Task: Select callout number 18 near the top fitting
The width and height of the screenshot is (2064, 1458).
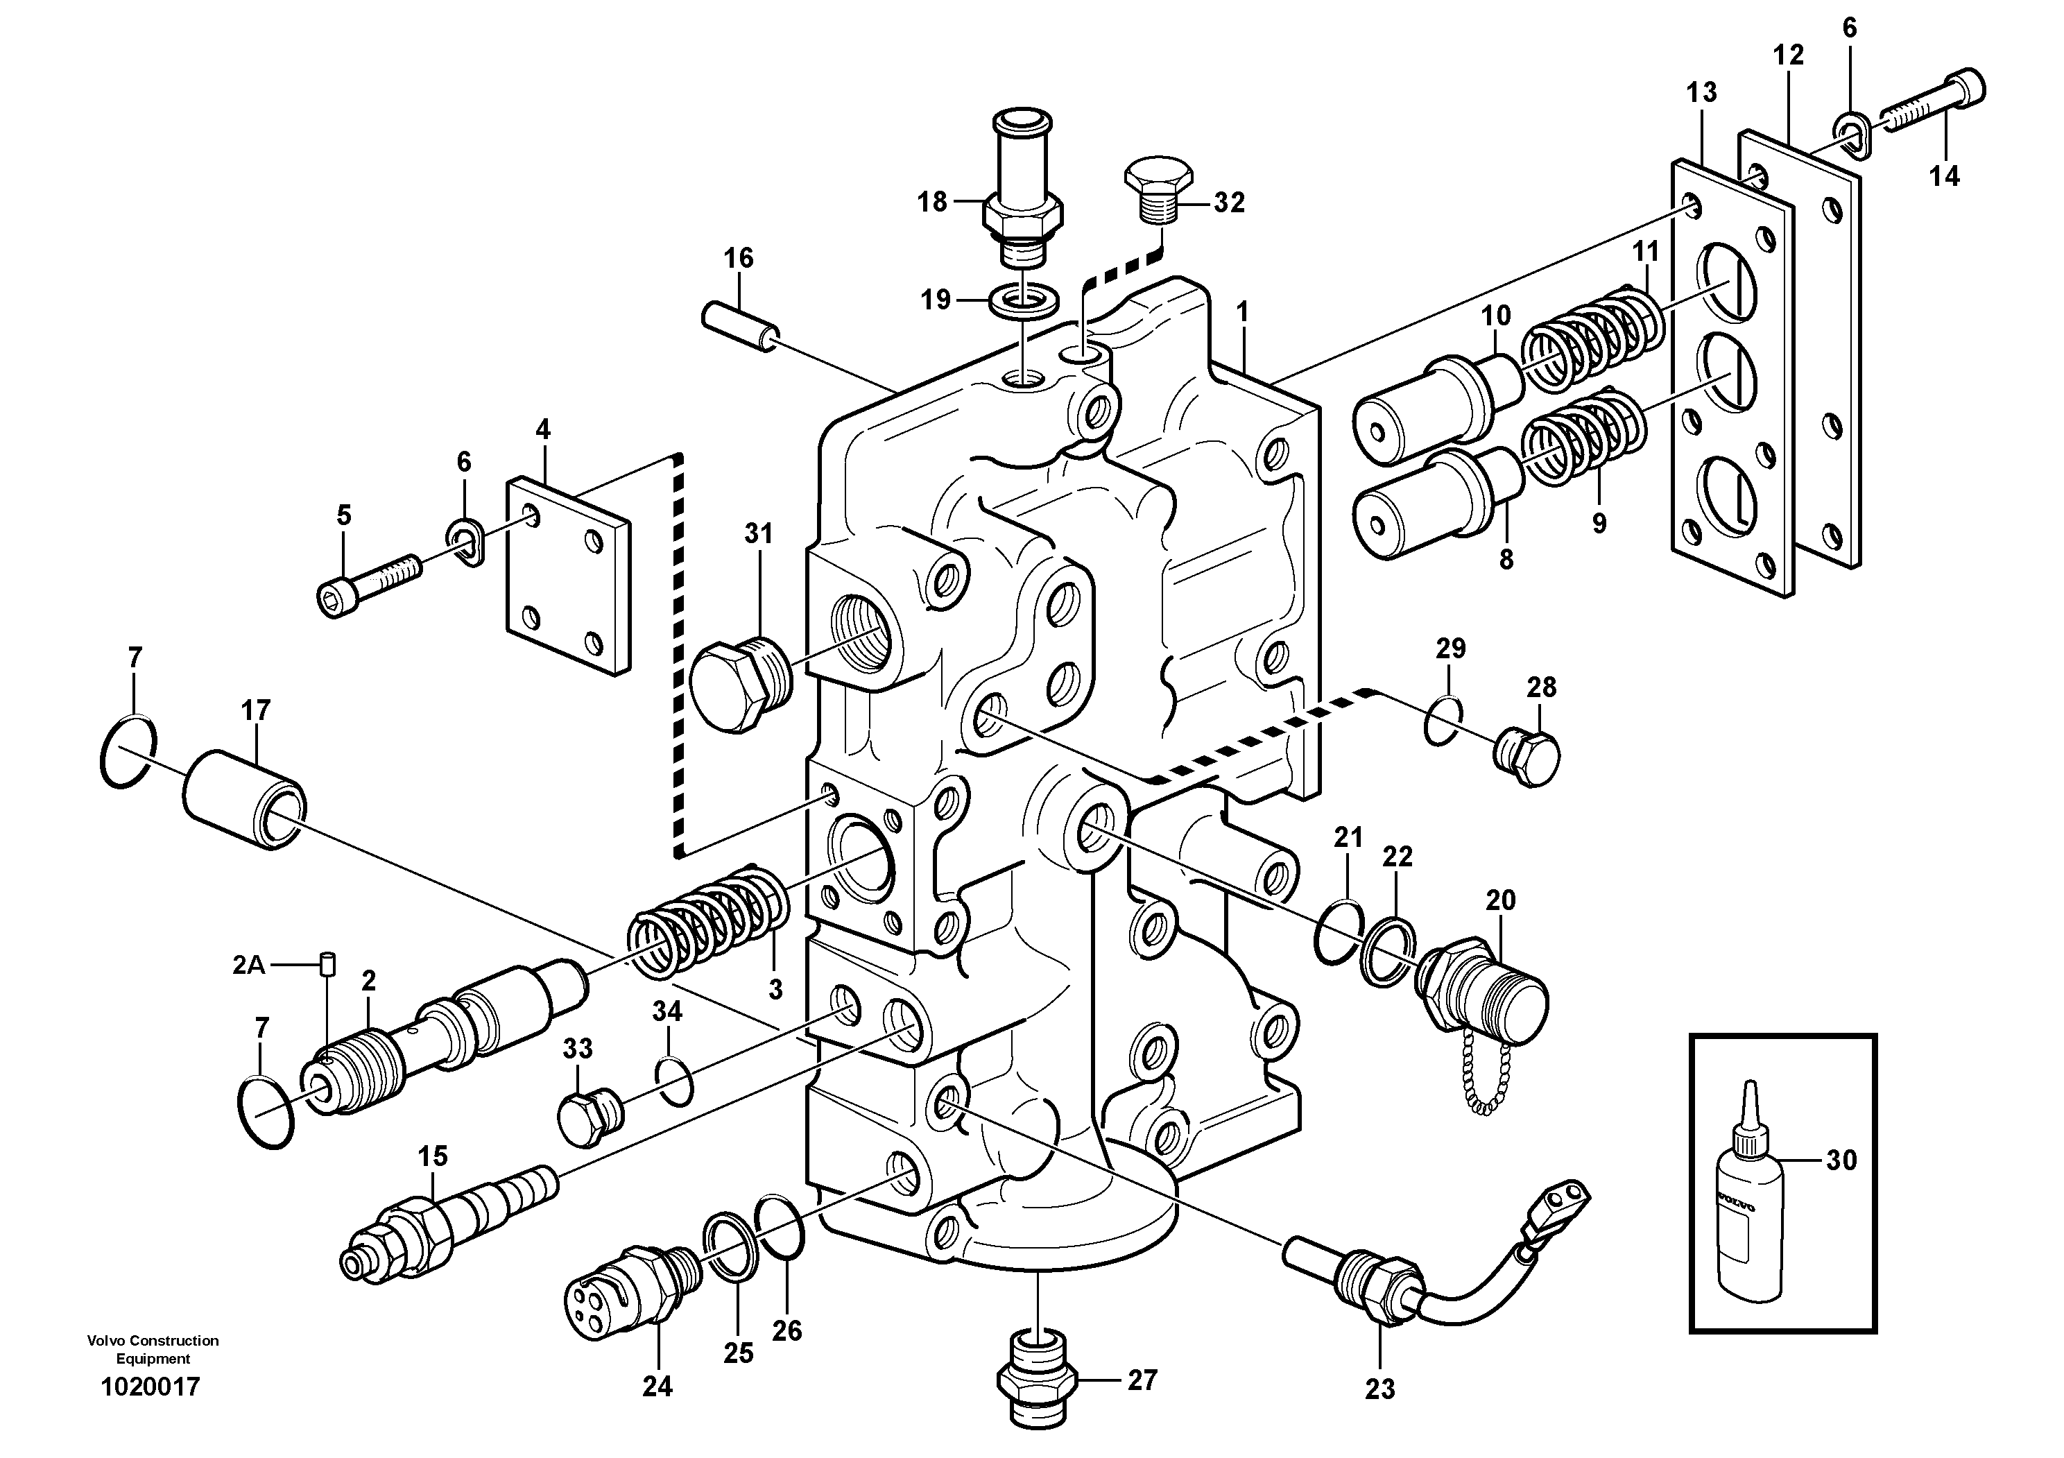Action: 932,203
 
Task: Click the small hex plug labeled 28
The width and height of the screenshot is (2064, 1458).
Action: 1528,760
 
